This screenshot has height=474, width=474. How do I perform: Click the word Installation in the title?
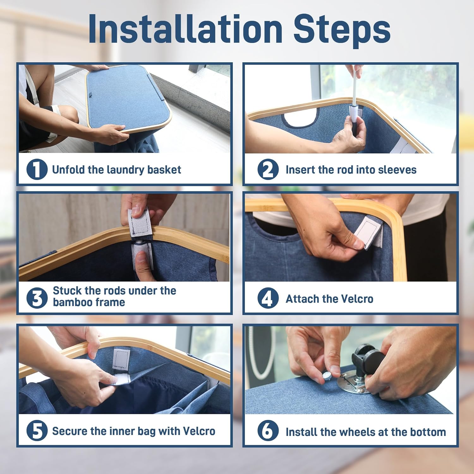click(185, 29)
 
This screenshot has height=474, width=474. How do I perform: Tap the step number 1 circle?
click(37, 169)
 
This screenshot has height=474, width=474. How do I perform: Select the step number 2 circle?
click(268, 169)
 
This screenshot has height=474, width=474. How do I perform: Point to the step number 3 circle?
click(37, 298)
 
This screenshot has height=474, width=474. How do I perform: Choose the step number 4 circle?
click(268, 298)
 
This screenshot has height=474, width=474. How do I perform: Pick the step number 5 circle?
click(37, 430)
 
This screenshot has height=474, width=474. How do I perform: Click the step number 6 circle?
click(268, 430)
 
